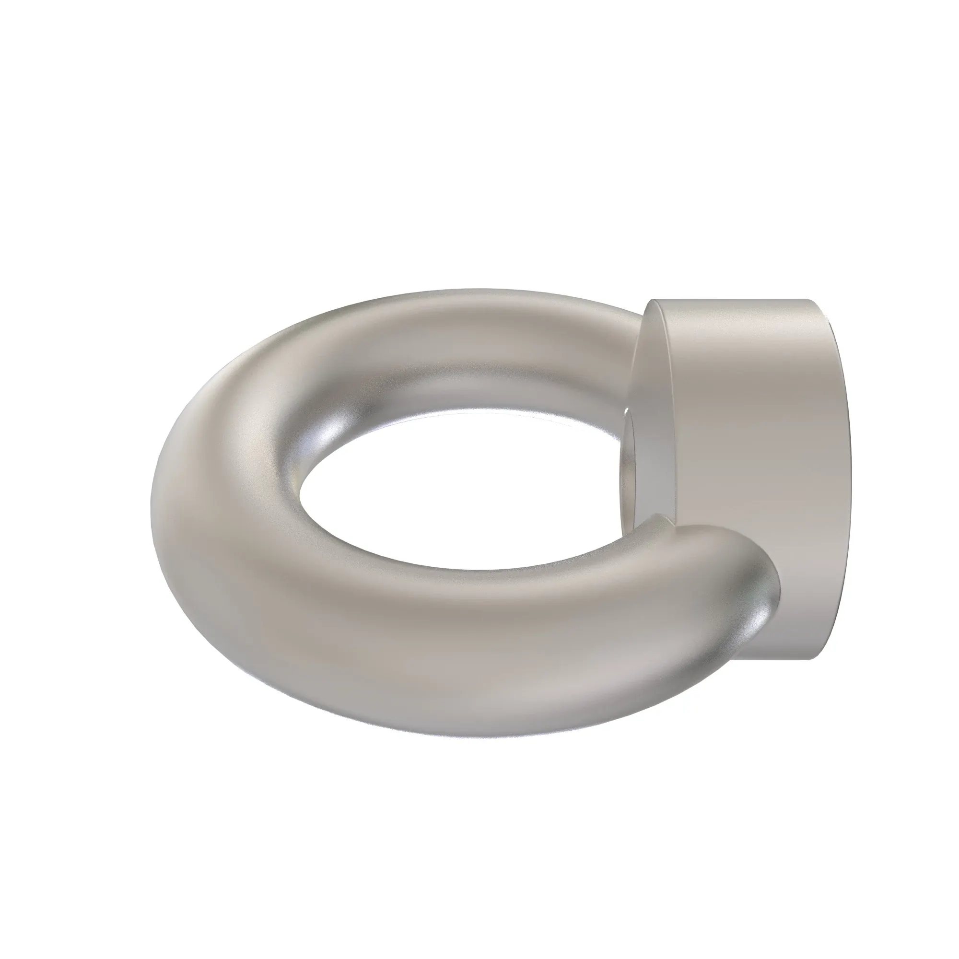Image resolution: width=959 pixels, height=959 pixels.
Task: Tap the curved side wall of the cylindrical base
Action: click(x=754, y=447)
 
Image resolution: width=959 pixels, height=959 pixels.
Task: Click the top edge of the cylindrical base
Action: click(x=735, y=301)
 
